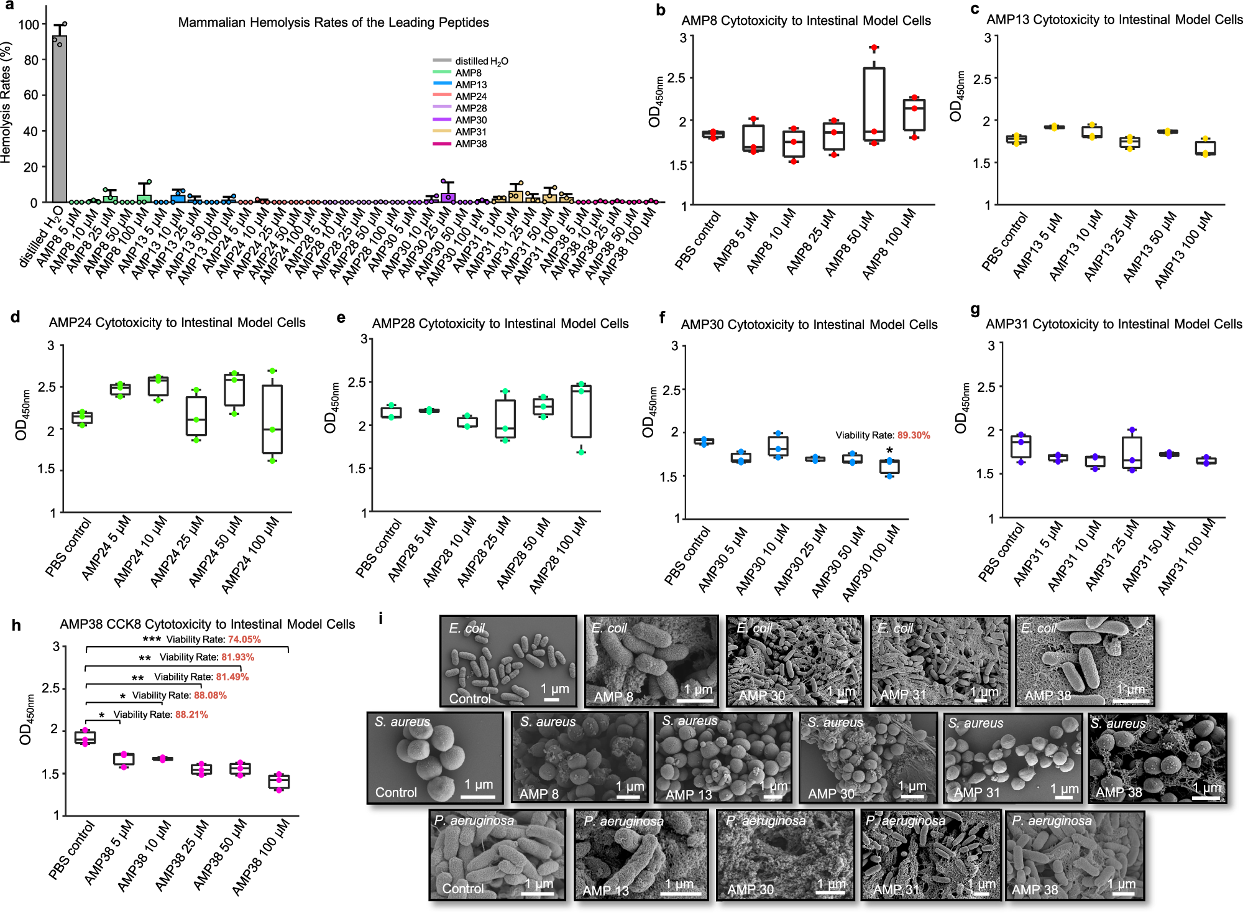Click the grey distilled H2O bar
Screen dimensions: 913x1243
click(x=60, y=118)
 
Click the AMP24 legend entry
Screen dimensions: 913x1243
click(x=470, y=96)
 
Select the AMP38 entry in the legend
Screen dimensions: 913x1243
click(x=470, y=144)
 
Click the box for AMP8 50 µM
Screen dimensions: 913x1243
click(x=874, y=104)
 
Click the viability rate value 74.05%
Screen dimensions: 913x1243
click(x=244, y=639)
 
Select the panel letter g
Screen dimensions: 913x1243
click(x=975, y=310)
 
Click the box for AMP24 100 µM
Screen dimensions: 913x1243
click(x=272, y=419)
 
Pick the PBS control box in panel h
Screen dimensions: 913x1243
click(x=85, y=738)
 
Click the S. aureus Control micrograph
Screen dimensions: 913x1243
click(x=435, y=758)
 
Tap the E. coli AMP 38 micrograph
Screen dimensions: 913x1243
click(x=1085, y=661)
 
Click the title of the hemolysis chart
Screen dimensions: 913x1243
click(x=333, y=22)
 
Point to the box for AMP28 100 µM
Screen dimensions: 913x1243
click(x=581, y=411)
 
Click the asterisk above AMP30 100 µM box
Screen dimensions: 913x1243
click(x=889, y=451)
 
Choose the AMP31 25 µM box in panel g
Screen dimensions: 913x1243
click(x=1132, y=453)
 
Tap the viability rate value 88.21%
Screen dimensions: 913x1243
click(x=191, y=715)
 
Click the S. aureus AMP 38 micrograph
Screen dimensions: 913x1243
click(x=1157, y=758)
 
